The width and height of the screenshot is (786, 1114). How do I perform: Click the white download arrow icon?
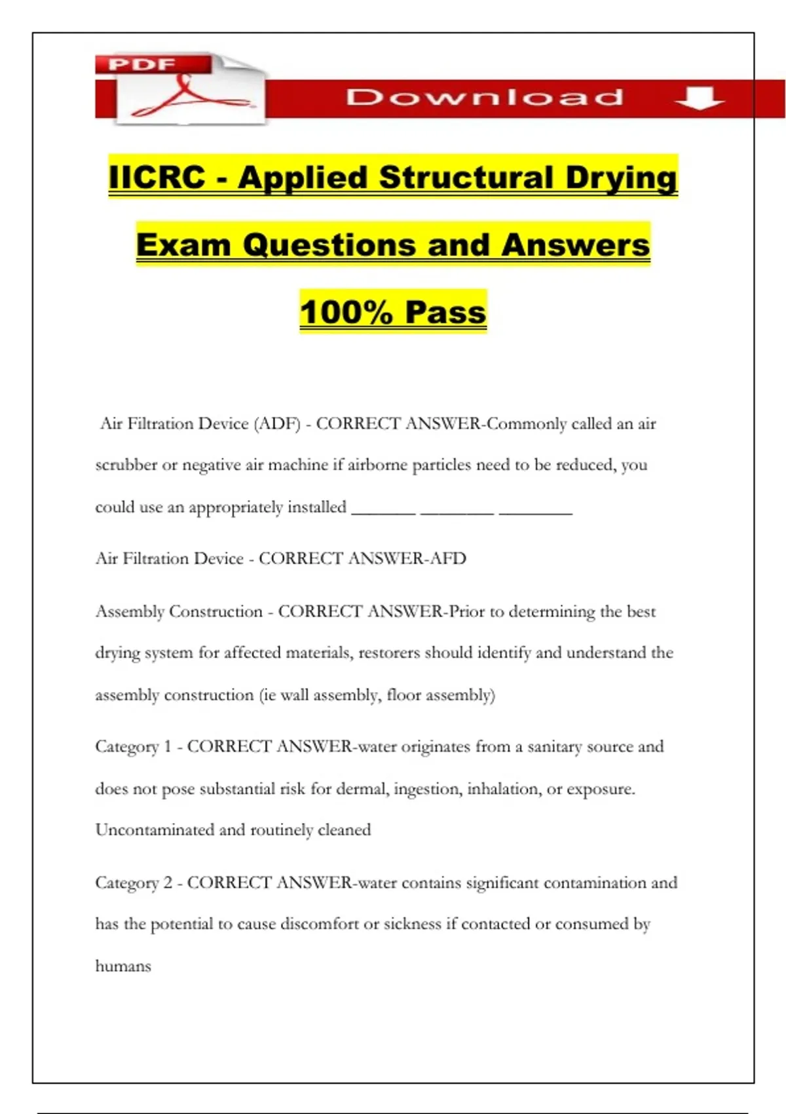point(700,98)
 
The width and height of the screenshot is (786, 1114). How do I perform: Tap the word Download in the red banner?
point(484,98)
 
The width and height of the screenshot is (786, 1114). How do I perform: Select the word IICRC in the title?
point(157,178)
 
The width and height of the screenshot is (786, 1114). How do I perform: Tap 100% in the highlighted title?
point(346,312)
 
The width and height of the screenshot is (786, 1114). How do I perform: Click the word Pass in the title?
point(445,312)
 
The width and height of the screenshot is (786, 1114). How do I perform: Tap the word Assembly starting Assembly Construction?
point(130,612)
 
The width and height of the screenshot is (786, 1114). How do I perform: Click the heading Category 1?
point(134,747)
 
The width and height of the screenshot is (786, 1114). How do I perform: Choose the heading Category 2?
point(134,883)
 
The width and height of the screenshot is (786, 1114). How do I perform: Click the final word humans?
point(123,967)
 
